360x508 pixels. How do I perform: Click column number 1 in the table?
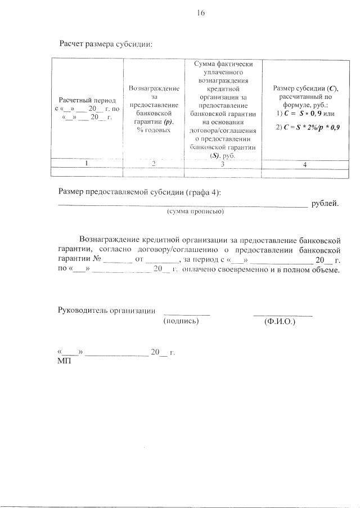[86, 164]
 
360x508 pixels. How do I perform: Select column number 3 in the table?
[222, 164]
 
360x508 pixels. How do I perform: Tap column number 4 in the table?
[304, 164]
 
